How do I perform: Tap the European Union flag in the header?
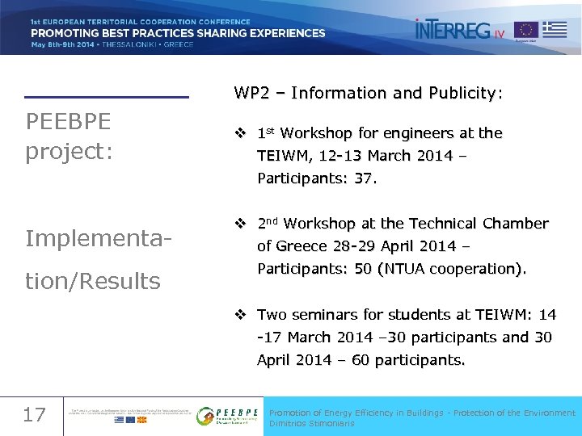[x=526, y=31]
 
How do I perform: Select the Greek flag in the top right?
[x=555, y=30]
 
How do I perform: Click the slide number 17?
[x=34, y=415]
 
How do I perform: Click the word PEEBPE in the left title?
[x=68, y=122]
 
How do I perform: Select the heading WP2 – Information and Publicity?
[x=369, y=93]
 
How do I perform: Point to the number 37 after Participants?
[x=365, y=178]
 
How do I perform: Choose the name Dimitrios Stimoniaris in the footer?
[x=312, y=423]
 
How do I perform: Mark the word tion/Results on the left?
[x=93, y=281]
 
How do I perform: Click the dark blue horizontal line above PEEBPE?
[x=106, y=98]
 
